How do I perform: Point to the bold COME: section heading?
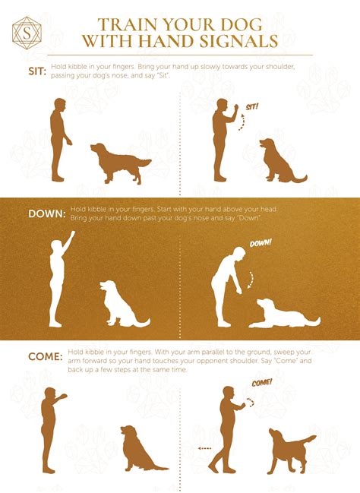46,356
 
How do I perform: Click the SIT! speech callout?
252,107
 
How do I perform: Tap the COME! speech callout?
262,383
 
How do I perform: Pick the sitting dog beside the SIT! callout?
279,161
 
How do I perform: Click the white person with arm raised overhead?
58,280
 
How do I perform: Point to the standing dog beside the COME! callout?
288,450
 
